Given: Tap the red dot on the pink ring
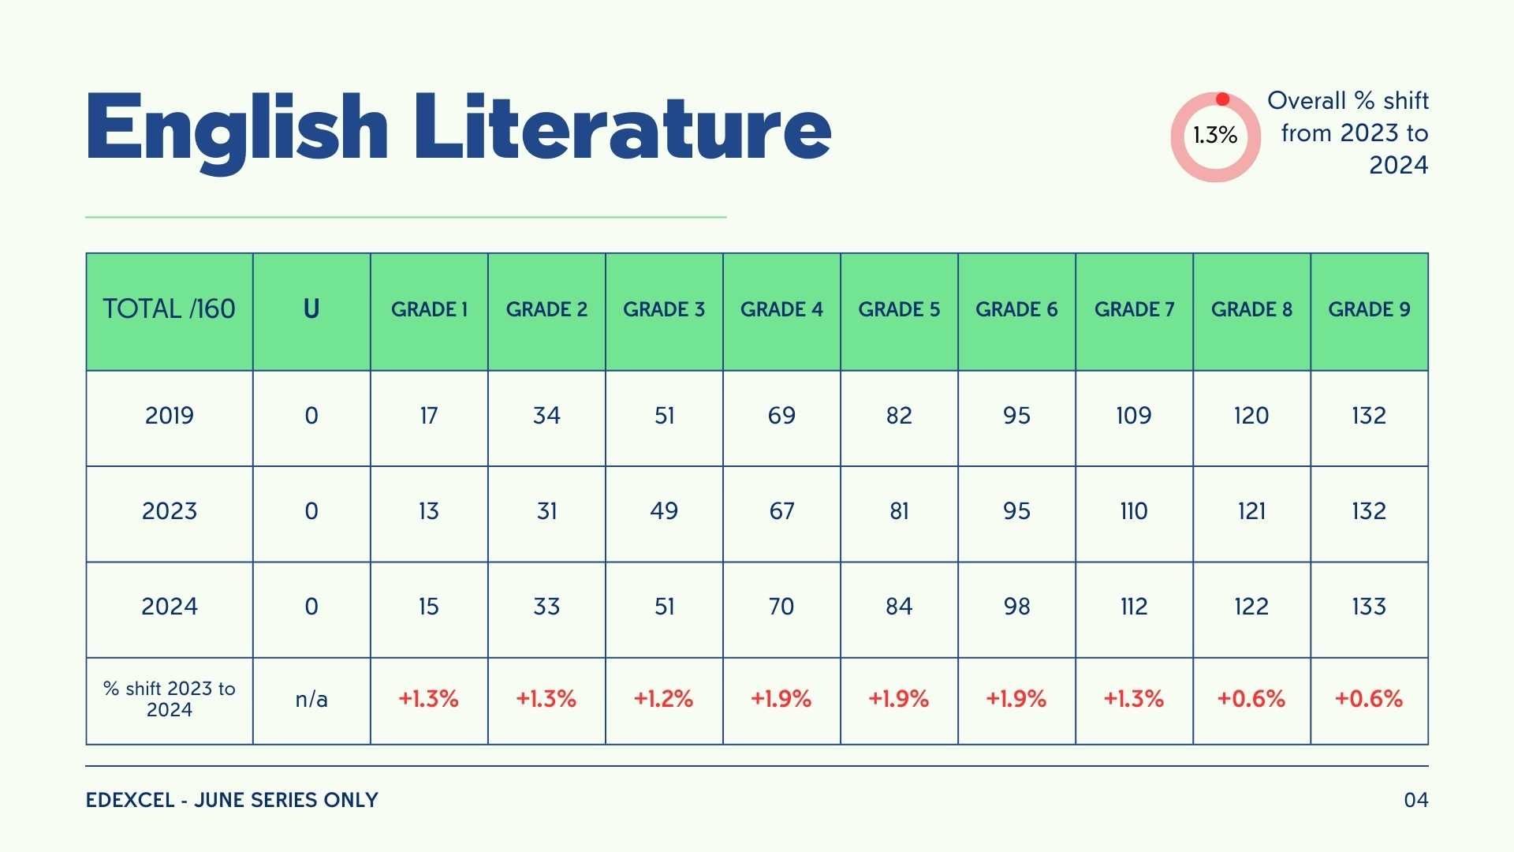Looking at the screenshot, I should click(1222, 99).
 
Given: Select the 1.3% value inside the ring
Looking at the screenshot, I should click(1215, 136).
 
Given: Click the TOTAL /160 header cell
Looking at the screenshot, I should click(169, 309).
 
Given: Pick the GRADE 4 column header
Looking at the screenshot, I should click(781, 309).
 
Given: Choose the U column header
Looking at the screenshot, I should click(311, 309).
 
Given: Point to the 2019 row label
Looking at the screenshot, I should click(169, 416).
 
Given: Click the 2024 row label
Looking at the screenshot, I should click(169, 607).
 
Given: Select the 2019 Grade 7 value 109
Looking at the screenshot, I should click(1133, 416).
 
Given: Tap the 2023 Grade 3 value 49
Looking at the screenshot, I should click(664, 511).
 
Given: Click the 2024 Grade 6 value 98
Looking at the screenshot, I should click(1016, 607).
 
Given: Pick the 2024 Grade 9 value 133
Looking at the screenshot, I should click(1368, 607).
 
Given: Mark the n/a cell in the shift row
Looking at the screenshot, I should click(311, 699).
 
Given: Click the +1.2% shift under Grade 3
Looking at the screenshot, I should click(663, 699).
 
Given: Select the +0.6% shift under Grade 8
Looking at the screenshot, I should click(1251, 699).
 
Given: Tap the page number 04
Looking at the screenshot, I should click(1415, 800).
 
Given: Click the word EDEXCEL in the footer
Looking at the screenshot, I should click(130, 800).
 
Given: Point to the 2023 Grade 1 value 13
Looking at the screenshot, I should click(428, 511).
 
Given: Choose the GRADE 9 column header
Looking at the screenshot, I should click(1369, 309).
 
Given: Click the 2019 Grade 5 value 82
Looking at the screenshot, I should click(899, 416).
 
